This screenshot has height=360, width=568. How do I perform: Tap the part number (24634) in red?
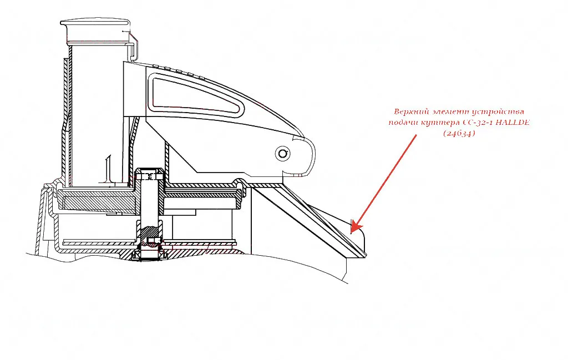(x=459, y=133)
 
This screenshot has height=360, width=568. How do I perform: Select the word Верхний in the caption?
(x=411, y=111)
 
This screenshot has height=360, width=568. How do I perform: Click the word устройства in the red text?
(x=496, y=111)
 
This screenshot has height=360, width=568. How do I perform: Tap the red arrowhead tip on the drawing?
(x=353, y=230)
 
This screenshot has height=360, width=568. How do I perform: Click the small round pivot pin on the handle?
(x=283, y=153)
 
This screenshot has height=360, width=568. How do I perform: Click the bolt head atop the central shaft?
(x=148, y=176)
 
